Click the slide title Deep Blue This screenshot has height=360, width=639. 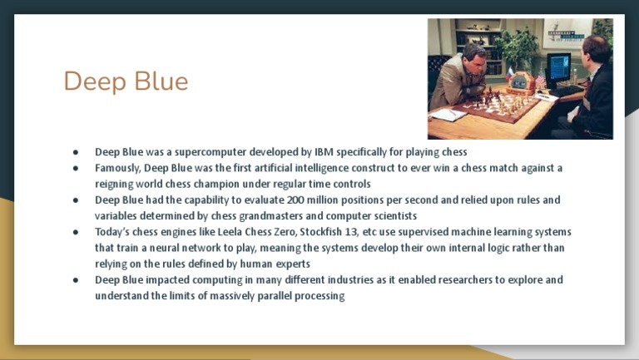[x=126, y=81]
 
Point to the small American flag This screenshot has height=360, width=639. [x=540, y=79]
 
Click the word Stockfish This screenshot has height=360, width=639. [x=324, y=232]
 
